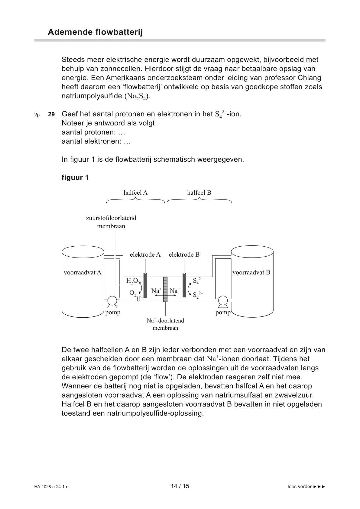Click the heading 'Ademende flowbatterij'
click(x=95, y=32)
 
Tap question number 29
click(x=51, y=115)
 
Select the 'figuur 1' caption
click(x=75, y=177)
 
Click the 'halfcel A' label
click(x=135, y=193)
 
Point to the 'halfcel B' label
click(x=199, y=193)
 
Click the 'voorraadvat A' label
click(x=83, y=272)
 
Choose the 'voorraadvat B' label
click(x=251, y=272)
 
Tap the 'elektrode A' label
click(x=145, y=254)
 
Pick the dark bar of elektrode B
click(x=184, y=285)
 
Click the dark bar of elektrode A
click(x=145, y=285)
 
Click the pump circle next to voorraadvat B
click(x=223, y=301)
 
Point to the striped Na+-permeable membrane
click(x=165, y=289)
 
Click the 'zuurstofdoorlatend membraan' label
click(x=111, y=222)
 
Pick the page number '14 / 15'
click(x=180, y=486)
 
